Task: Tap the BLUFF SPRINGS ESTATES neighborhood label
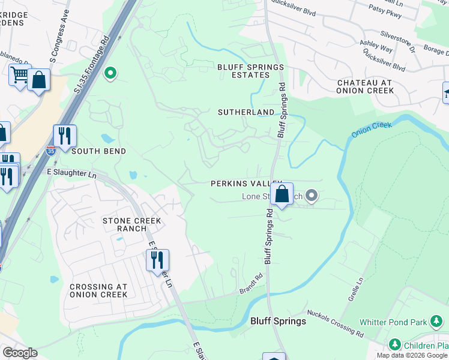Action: (250, 71)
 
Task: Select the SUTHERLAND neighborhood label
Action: (246, 112)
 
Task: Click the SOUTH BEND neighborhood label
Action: (99, 151)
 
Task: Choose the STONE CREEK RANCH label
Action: (132, 224)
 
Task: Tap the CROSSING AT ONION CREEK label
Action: (98, 290)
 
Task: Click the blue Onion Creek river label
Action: (372, 129)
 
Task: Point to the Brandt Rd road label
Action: (251, 283)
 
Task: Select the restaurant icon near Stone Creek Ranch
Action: (157, 260)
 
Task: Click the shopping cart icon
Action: (19, 75)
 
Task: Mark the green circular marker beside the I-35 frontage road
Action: (110, 74)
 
